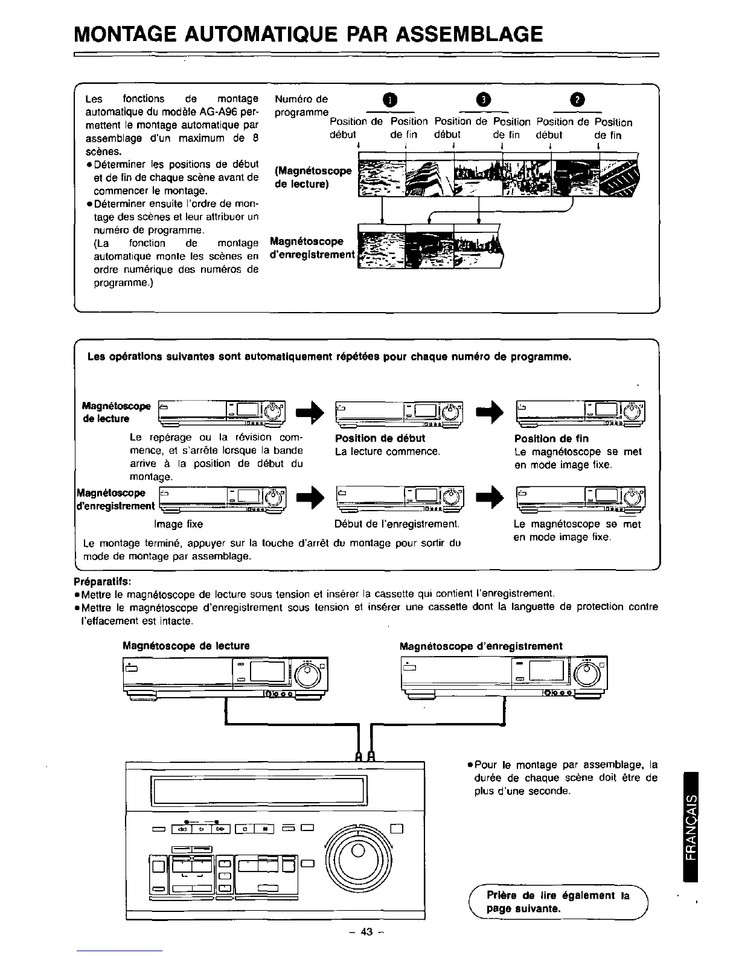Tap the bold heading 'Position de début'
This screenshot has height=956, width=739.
click(380, 439)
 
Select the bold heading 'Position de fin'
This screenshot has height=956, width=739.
click(551, 439)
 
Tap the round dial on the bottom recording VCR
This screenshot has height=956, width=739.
click(587, 673)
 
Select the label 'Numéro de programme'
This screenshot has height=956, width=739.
click(301, 106)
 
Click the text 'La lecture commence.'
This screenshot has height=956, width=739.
click(387, 452)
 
